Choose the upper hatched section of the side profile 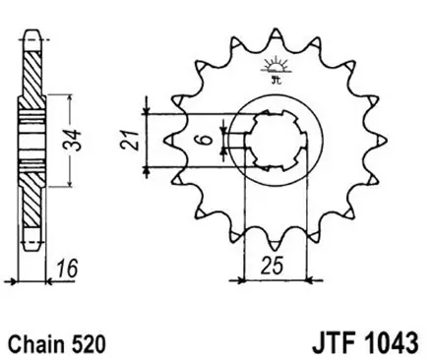coord(32,74)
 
